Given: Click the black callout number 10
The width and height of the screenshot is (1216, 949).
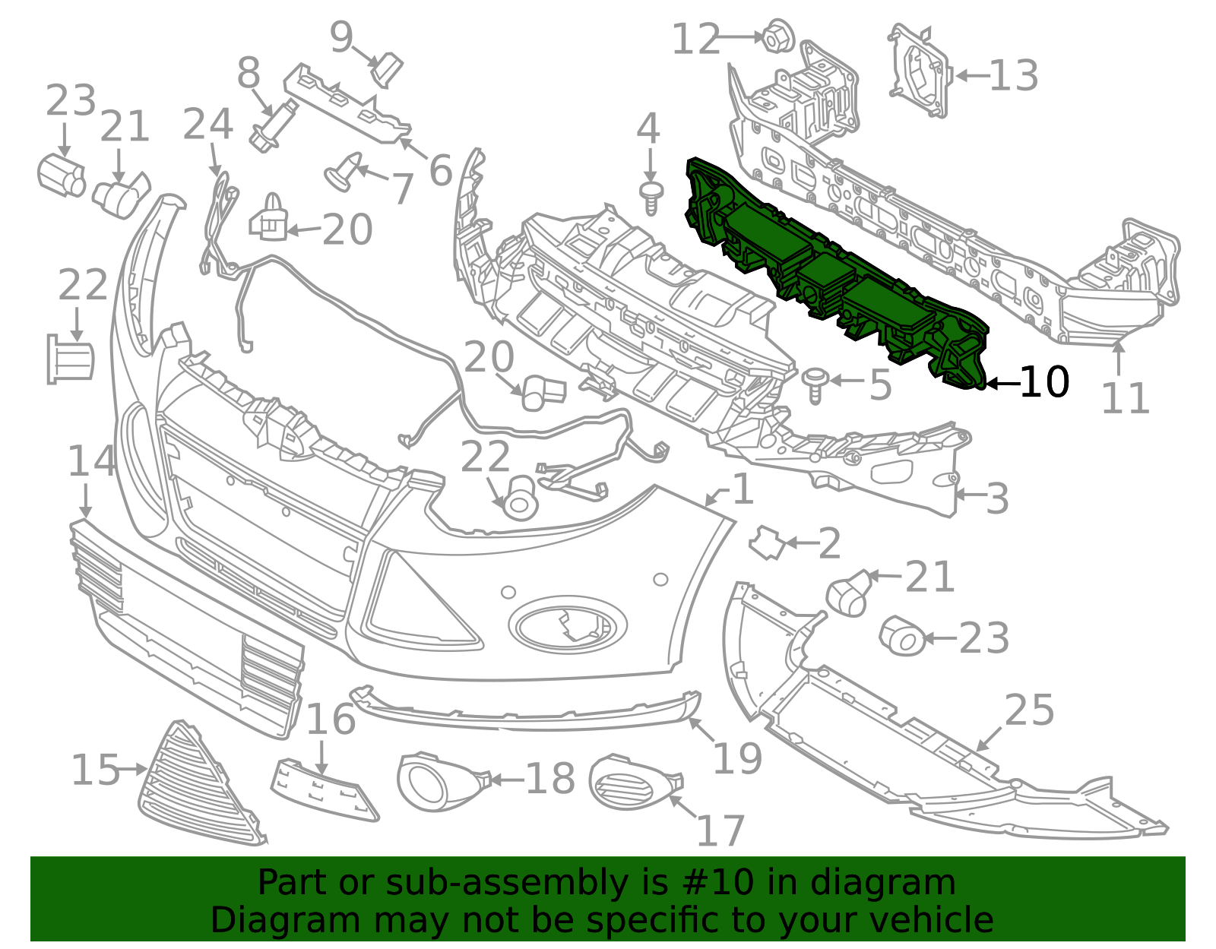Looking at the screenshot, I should coord(1044,382).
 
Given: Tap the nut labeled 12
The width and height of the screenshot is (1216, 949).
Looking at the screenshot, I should coord(777,36).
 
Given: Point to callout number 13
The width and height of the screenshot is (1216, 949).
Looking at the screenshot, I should coord(1014,76).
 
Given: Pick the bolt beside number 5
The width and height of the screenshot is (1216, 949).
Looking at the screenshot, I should coord(815,384).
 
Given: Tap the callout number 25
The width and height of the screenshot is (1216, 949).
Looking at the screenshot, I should coord(1029,710).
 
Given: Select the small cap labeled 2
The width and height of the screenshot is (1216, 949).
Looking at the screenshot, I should coord(768,543).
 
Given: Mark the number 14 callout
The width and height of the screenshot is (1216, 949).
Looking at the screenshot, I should coord(91,461).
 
